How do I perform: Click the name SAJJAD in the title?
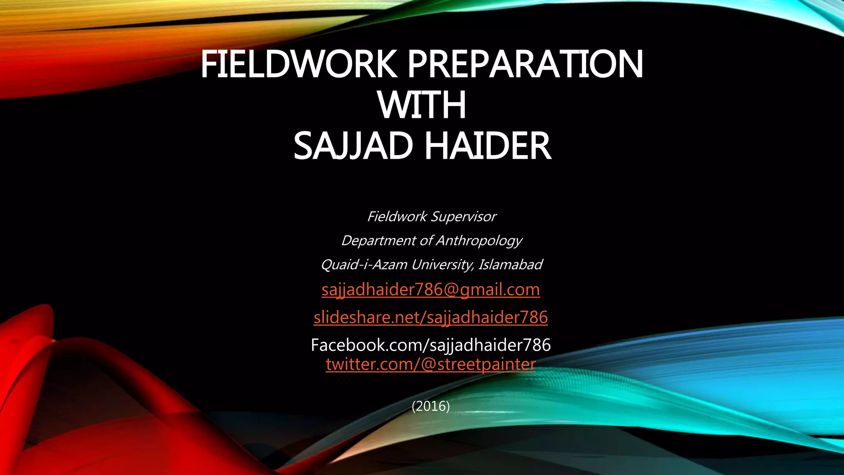click(353, 146)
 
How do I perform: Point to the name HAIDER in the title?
click(488, 146)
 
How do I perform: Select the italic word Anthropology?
click(479, 240)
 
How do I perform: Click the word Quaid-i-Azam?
click(364, 264)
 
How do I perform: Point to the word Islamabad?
click(510, 264)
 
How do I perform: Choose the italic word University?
click(442, 264)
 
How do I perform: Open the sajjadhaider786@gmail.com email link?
click(431, 290)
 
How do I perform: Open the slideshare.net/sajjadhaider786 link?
click(431, 317)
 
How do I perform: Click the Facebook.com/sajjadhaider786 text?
click(431, 345)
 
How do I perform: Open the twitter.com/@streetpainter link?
click(431, 364)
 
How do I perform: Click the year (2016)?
click(431, 407)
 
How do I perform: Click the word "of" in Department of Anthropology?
click(426, 240)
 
